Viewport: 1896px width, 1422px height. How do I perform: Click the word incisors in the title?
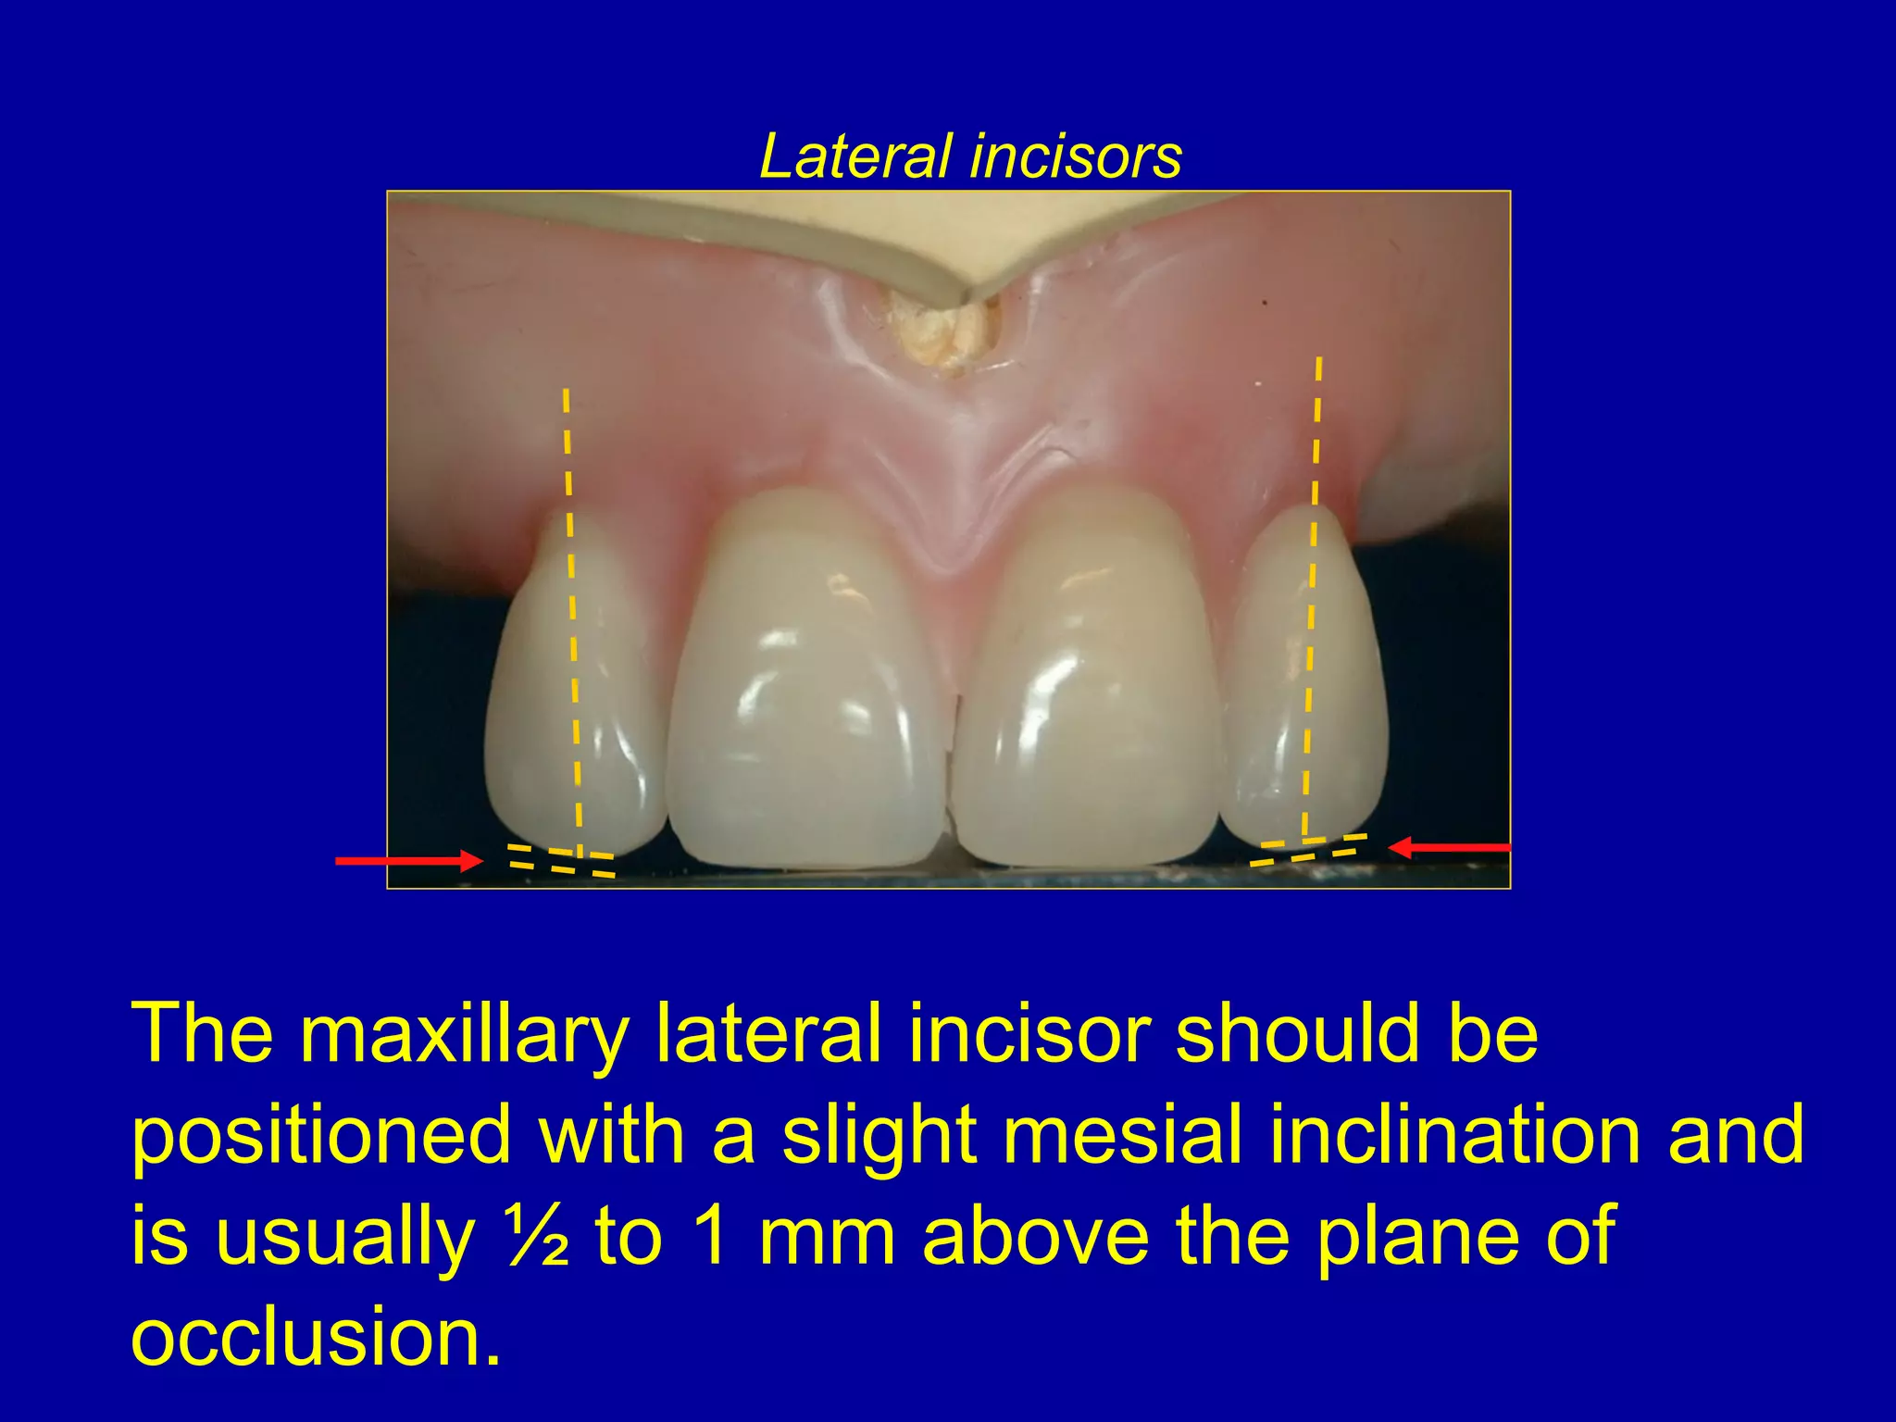(x=1077, y=156)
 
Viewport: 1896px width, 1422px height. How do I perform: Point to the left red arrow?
(x=407, y=861)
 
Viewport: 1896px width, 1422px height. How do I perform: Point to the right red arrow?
(x=1450, y=847)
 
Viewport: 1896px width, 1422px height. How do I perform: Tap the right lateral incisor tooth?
(x=1305, y=676)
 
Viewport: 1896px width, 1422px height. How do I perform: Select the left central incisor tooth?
(x=805, y=685)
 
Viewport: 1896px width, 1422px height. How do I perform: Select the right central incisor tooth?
(x=1088, y=685)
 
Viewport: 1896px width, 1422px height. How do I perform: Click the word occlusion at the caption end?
(x=315, y=1337)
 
